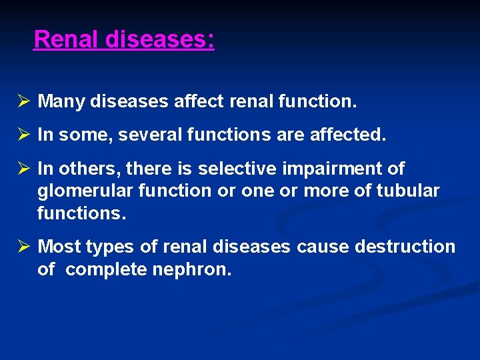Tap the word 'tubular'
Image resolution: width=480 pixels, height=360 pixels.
click(408, 191)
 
